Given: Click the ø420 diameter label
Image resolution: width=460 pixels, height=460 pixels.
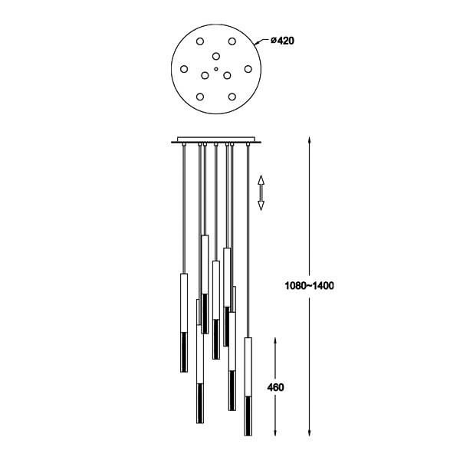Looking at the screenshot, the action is pos(282,41).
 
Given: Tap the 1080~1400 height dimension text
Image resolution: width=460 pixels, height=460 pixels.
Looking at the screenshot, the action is pos(309,285).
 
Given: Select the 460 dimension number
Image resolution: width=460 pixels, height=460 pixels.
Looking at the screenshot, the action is pos(275,387).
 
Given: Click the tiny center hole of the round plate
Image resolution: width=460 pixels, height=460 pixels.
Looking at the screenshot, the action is pos(216,69).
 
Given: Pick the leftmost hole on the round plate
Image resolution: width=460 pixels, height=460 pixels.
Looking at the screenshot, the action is pos(184,69).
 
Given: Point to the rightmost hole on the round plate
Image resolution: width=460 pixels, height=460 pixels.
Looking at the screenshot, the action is pos(248,69).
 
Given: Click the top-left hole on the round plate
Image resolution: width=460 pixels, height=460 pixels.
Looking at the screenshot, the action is pos(200,41).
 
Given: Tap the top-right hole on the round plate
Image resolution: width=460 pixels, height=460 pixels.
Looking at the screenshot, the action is pos(232,41).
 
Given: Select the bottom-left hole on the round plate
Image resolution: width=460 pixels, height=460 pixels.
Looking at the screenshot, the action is pos(200,97).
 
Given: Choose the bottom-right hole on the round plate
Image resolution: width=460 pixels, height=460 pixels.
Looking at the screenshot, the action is pos(232,97).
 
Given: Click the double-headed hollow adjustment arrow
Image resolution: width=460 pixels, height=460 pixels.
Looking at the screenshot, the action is pos(261,192).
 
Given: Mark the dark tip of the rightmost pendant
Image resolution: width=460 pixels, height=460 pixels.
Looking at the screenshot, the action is pos(248,416).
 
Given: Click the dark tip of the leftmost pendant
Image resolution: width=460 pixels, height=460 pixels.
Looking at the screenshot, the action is pos(184,352).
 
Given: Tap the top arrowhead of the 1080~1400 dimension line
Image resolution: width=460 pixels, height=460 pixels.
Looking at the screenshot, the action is pos(309,140).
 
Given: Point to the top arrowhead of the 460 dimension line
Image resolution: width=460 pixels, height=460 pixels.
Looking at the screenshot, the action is pos(275,341).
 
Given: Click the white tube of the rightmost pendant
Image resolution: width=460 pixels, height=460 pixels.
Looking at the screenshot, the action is pos(248,367).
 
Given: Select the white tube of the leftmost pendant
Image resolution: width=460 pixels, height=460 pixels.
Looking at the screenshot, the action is pos(184,303).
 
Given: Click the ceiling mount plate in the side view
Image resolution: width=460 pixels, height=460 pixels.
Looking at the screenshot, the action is pos(216,140).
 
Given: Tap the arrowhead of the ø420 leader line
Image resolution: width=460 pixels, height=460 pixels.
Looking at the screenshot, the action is pos(256,44).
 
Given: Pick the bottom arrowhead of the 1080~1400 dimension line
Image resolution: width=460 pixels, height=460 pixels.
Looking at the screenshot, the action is pos(309,432).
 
